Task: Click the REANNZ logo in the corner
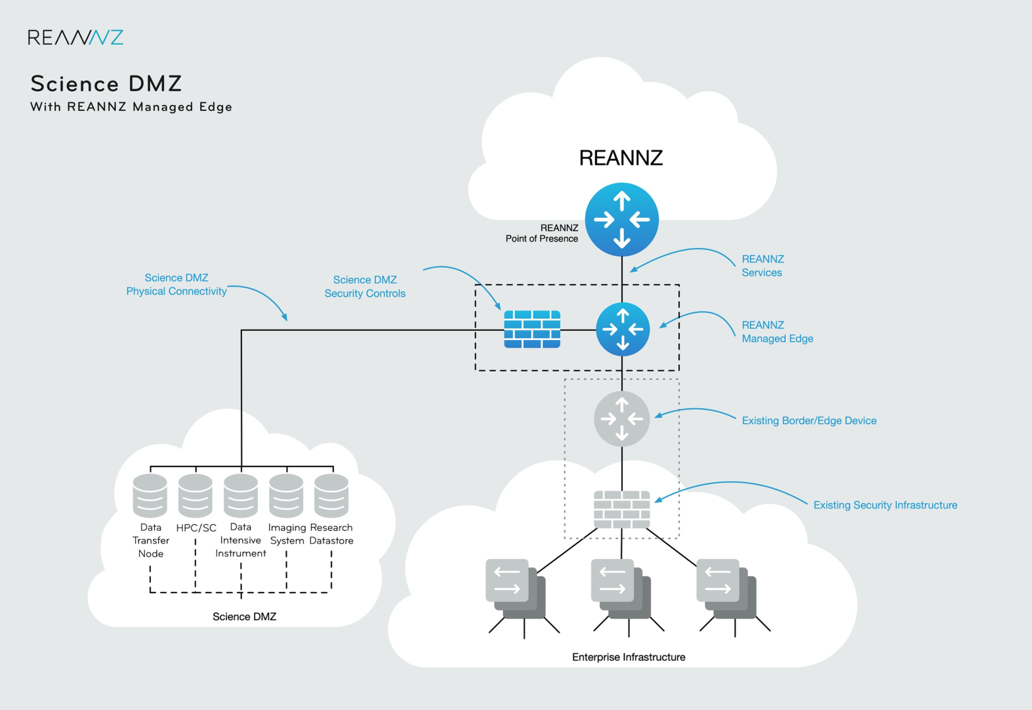(75, 37)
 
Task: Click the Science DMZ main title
(106, 84)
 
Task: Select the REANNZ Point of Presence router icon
(621, 220)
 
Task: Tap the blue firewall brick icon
(532, 329)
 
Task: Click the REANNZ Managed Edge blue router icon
(623, 329)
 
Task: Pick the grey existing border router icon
(621, 419)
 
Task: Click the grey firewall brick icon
(621, 509)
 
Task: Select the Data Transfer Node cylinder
(150, 496)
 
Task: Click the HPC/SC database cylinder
(196, 496)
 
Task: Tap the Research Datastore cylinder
(331, 496)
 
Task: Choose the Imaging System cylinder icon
(286, 496)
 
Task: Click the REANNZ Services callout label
(762, 266)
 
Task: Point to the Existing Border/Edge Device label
(809, 421)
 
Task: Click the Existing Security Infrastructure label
(885, 505)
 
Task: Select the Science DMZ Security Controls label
(365, 287)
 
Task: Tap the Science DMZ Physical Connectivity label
(176, 285)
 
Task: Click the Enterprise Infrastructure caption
(629, 657)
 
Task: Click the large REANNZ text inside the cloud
(621, 158)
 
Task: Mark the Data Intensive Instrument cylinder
(241, 496)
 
